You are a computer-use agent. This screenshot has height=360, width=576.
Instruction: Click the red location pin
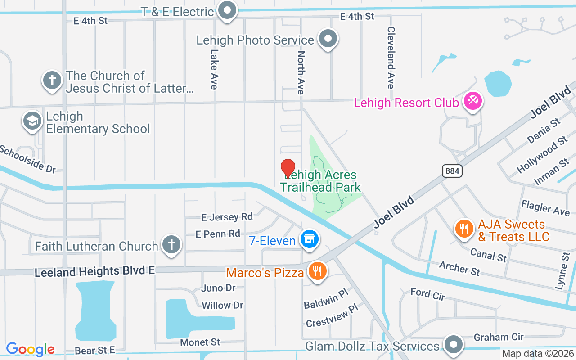click(288, 169)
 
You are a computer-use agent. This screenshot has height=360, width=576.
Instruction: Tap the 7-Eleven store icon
click(310, 238)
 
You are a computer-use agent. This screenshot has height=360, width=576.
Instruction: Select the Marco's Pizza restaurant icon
click(318, 271)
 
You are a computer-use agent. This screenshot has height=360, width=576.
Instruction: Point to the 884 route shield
click(451, 171)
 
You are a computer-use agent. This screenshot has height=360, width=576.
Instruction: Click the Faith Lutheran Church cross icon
click(171, 244)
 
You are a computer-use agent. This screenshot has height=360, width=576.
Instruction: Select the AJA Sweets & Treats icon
click(464, 229)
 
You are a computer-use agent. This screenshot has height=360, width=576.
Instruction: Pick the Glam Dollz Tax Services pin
click(453, 344)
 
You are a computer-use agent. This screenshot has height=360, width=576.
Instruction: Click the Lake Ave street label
click(214, 69)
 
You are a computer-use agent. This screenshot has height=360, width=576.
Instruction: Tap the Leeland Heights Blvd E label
click(94, 271)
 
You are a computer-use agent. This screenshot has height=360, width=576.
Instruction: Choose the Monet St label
click(200, 342)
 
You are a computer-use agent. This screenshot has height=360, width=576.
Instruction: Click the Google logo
click(30, 349)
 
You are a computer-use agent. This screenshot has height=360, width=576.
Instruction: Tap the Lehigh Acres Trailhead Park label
click(320, 181)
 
